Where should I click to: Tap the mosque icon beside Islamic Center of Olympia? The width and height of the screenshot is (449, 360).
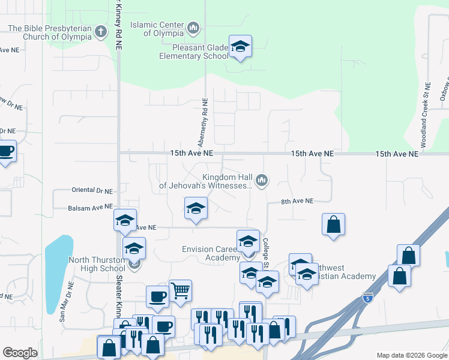pos(193,28)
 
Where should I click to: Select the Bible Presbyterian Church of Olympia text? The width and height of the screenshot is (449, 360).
pos(49,32)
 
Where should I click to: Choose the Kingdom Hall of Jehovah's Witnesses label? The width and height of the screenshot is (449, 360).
pos(206,182)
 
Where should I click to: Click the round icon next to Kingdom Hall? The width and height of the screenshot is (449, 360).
pos(262,180)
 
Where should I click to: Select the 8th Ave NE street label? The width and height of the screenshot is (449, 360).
pos(297,202)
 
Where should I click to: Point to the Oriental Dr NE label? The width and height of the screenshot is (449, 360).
pos(92,191)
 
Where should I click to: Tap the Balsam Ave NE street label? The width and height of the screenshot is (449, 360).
pos(91,206)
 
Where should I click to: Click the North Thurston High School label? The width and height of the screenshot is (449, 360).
pos(96,264)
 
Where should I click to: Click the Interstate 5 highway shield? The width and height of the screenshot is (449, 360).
pos(368,297)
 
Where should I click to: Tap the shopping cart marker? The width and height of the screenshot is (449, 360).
pos(180,291)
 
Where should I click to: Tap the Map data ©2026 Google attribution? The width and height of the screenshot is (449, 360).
pos(411,355)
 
